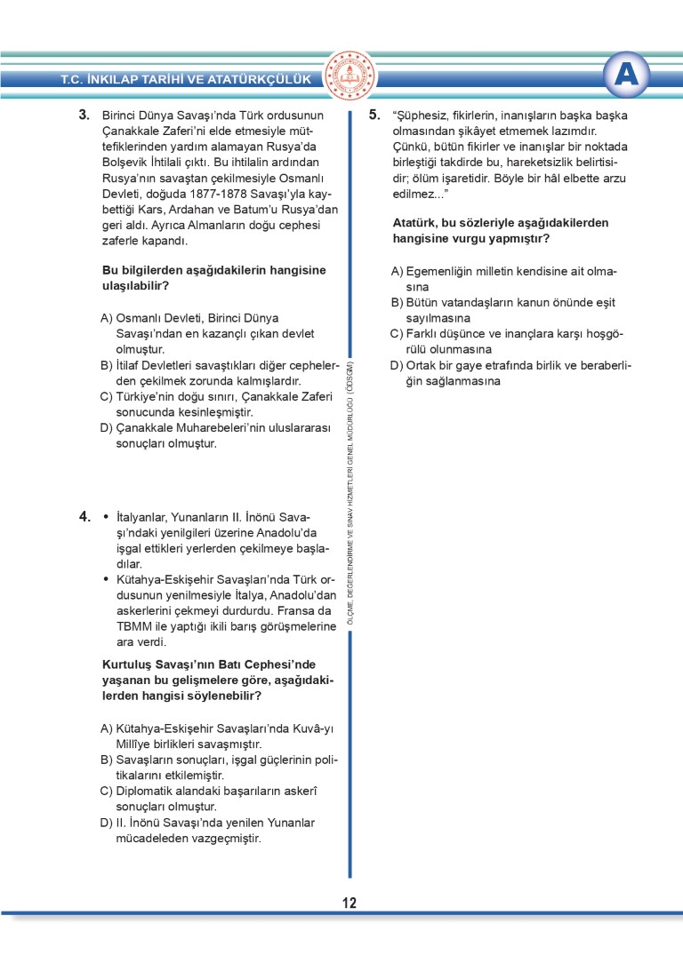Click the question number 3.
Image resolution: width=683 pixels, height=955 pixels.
click(x=84, y=115)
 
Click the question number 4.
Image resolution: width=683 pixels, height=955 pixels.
click(x=84, y=516)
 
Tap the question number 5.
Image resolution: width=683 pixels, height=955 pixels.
click(x=374, y=115)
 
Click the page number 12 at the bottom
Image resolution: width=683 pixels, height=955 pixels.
click(x=349, y=903)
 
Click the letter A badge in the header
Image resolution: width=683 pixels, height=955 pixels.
click(x=629, y=77)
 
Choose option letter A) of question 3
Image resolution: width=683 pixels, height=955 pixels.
click(x=107, y=318)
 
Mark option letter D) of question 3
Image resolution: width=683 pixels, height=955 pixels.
click(x=107, y=428)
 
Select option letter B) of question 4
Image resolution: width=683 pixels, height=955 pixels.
click(x=107, y=760)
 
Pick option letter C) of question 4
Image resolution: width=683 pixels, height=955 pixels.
click(x=107, y=791)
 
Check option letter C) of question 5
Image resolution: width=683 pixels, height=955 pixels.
click(x=397, y=334)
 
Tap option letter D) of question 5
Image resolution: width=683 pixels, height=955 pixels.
click(x=397, y=366)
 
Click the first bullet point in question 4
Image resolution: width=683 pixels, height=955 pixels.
click(x=107, y=516)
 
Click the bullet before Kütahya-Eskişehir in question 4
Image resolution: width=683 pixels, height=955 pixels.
click(x=107, y=579)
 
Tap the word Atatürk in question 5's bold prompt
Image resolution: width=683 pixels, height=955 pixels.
click(x=414, y=223)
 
